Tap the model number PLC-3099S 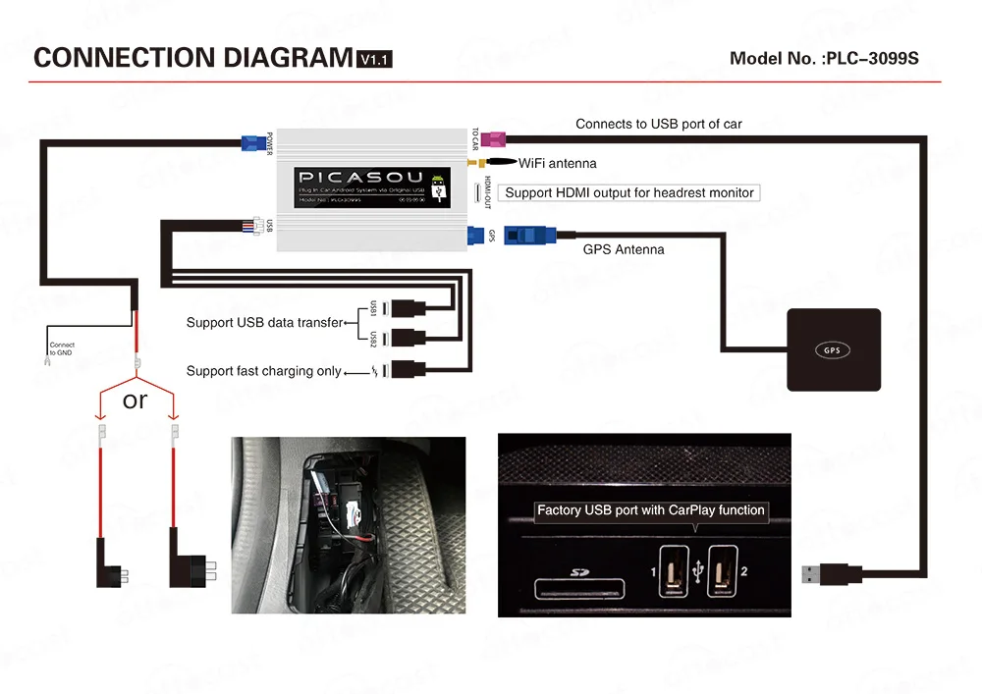pos(824,58)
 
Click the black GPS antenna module pos(834,349)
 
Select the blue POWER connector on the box pos(255,142)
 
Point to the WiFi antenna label pos(557,163)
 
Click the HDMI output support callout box pos(629,192)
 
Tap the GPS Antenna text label pos(624,249)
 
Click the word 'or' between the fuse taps pos(136,400)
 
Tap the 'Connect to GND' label pos(62,349)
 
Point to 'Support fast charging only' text pos(264,371)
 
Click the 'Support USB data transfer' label pos(264,322)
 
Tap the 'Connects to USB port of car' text pos(658,124)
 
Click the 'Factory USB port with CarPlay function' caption pos(650,510)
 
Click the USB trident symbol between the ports pos(697,568)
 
